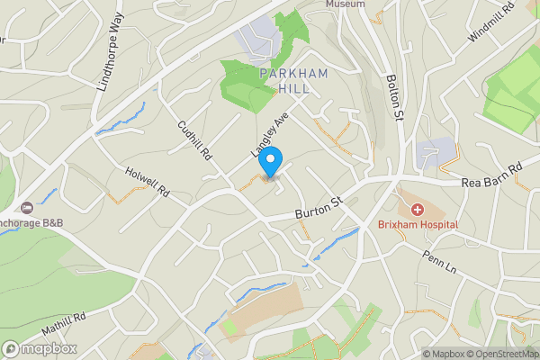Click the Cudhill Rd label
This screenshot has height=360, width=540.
194,141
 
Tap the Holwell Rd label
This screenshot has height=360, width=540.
148,181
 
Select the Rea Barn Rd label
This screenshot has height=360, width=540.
491,175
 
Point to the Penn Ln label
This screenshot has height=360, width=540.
440,256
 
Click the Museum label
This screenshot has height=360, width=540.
345,4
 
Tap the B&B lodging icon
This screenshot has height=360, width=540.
26,209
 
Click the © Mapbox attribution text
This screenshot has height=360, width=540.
444,354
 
